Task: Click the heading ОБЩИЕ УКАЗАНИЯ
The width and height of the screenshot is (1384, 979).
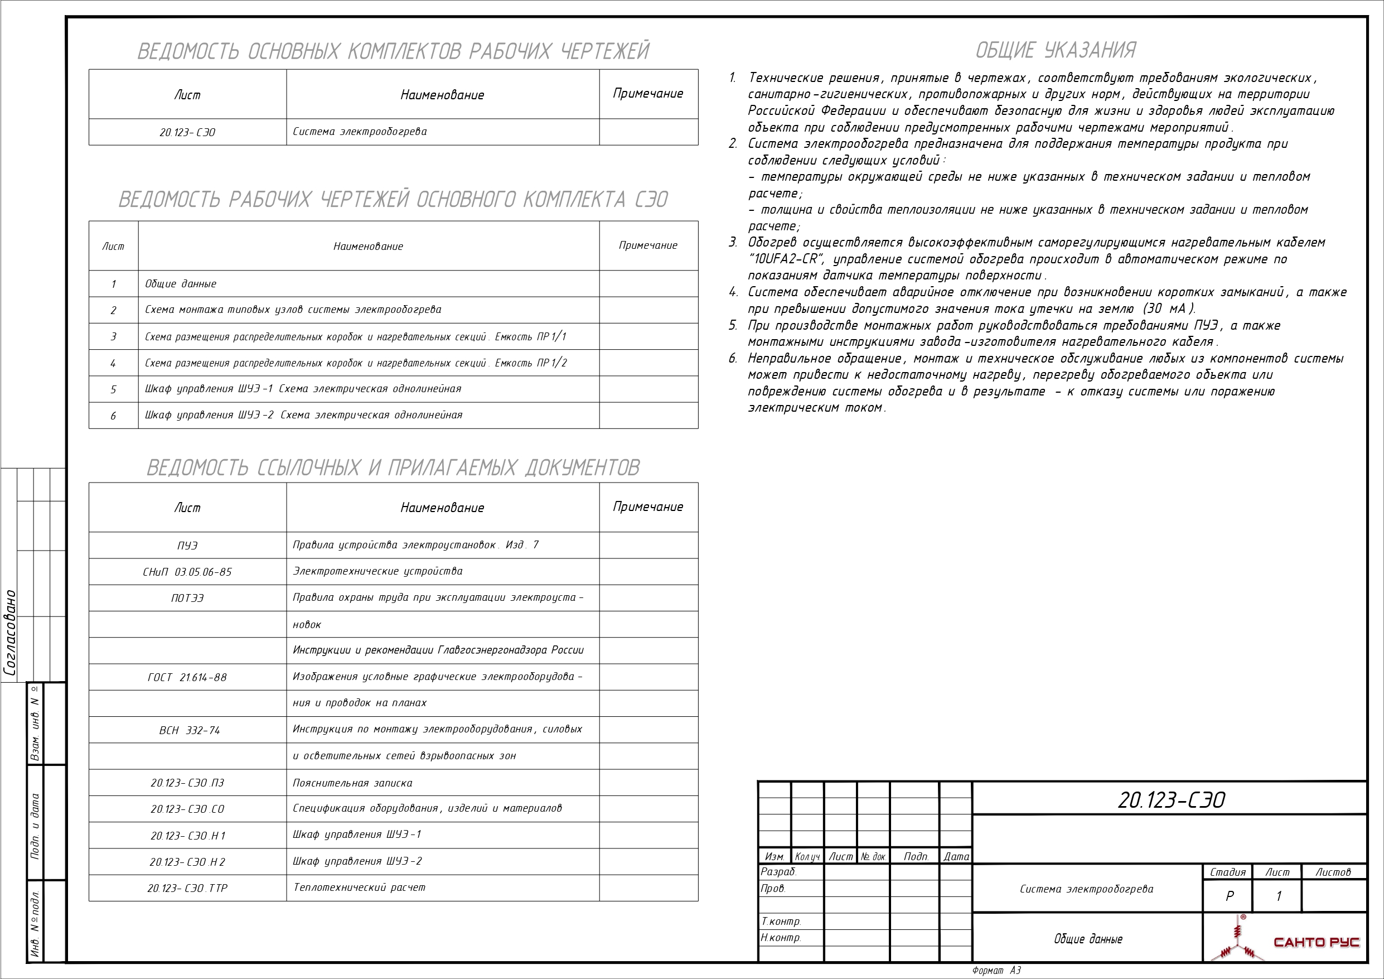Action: (1055, 50)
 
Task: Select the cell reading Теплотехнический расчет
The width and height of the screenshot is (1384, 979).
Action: (359, 888)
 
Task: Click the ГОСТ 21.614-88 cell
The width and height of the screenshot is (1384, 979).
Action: (187, 677)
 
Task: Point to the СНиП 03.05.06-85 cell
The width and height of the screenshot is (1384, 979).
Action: (187, 572)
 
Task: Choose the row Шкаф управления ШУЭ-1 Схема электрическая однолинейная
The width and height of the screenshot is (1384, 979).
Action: (303, 389)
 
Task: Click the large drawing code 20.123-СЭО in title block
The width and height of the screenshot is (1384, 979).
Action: (1170, 800)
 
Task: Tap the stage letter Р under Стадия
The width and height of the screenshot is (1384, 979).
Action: (1229, 896)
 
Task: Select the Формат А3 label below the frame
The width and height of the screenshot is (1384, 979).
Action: (996, 971)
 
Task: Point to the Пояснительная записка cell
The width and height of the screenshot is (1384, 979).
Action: (352, 783)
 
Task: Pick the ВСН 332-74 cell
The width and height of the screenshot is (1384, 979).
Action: (189, 730)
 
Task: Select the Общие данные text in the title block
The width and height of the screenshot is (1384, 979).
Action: (1087, 939)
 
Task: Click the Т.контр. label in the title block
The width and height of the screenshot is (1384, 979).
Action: (781, 921)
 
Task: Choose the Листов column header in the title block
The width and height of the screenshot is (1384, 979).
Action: (1333, 872)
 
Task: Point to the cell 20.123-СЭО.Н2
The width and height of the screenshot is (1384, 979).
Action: (187, 862)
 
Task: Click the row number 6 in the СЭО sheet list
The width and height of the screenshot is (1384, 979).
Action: (113, 416)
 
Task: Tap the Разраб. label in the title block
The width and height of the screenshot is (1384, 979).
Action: (779, 872)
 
